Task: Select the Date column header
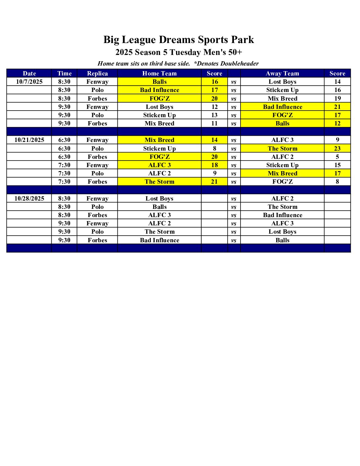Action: (29, 73)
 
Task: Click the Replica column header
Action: (97, 73)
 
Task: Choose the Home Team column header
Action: (159, 73)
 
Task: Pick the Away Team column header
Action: (282, 73)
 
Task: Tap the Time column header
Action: (64, 73)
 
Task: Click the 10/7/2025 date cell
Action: (29, 82)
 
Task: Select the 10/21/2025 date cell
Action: (29, 140)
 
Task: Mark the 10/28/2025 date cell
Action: (29, 199)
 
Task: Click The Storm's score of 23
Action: (337, 149)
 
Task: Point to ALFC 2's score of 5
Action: (337, 157)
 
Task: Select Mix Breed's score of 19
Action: (337, 99)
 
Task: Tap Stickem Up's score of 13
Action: (214, 115)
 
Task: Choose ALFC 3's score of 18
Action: (214, 165)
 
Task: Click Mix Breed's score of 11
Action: (214, 123)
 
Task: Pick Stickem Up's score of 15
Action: (337, 165)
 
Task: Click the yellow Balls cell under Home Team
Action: (159, 82)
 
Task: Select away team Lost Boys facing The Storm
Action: (282, 232)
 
